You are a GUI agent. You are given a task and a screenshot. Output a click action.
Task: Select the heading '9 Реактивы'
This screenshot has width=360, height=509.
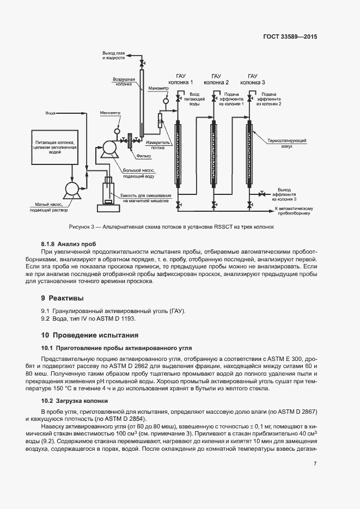(x=63, y=298)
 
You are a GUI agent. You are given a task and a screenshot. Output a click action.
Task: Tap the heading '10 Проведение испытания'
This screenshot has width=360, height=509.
(x=90, y=335)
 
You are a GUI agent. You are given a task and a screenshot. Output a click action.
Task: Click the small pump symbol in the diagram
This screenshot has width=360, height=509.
(x=71, y=188)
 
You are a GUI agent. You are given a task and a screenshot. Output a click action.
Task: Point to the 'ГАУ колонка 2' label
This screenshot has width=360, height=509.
(x=216, y=79)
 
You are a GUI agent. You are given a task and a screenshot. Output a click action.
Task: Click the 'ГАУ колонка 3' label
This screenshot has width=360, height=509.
(x=253, y=79)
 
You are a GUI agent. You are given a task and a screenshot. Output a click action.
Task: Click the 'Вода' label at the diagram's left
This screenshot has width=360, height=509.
(x=50, y=113)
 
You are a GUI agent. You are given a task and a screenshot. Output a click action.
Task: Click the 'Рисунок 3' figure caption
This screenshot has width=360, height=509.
(x=171, y=227)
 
